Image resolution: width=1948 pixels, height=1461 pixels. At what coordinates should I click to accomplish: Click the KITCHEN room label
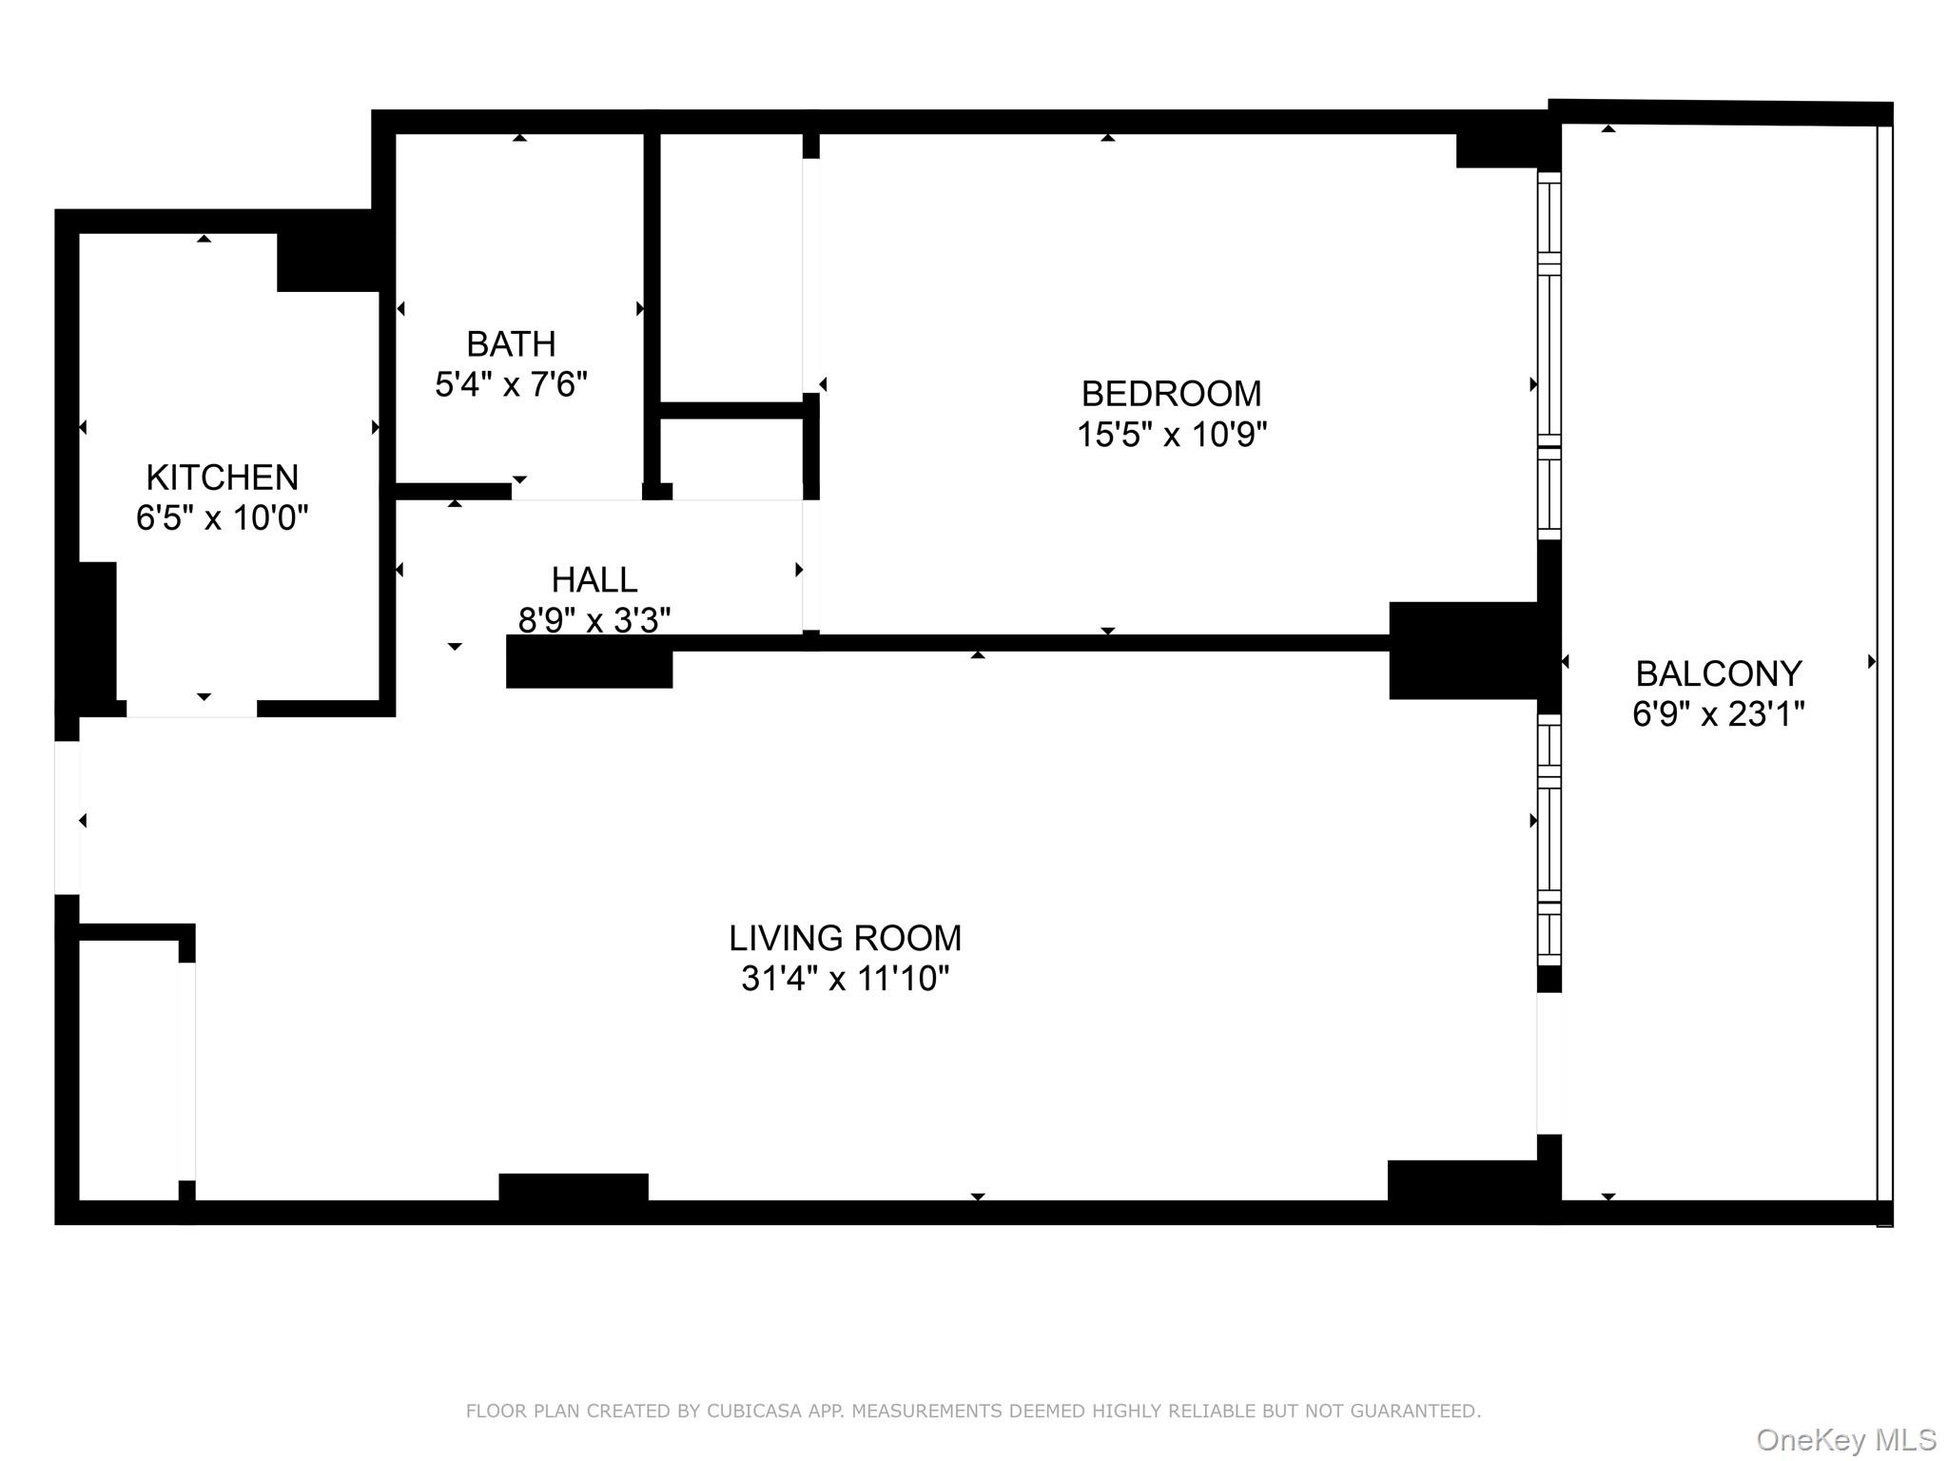(222, 477)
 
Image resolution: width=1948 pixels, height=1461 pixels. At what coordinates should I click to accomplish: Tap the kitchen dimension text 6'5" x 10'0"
(222, 518)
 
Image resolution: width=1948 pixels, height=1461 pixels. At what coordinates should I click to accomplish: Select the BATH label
(511, 343)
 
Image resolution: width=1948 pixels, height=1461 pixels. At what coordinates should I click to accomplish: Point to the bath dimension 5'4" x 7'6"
(511, 385)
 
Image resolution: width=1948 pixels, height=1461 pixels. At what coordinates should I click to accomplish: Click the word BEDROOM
(1171, 394)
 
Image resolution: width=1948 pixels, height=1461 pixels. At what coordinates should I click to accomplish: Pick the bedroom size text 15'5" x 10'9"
(1171, 436)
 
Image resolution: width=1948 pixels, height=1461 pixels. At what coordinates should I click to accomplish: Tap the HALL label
(594, 579)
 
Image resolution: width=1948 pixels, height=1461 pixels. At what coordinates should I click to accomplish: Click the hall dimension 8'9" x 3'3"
(594, 620)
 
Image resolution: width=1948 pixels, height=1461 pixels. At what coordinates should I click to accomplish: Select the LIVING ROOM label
(845, 939)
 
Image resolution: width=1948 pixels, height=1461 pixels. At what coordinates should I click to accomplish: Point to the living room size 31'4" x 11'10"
(845, 979)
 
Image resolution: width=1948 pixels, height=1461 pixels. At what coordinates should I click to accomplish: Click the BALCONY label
(1718, 674)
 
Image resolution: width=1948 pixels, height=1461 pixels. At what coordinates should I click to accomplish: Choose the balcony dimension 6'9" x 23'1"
(1718, 714)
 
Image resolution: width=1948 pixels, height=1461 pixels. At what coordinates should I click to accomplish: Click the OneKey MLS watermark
(1845, 1440)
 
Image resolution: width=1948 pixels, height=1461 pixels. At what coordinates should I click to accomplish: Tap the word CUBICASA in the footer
(751, 1412)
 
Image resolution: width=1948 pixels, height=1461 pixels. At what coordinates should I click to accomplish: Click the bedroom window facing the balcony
(1549, 357)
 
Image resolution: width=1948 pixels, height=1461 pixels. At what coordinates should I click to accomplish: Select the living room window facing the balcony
(1549, 842)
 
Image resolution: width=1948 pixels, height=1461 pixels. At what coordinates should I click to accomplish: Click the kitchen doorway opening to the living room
(191, 709)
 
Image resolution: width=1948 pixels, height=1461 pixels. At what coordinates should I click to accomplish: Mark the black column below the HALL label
(589, 662)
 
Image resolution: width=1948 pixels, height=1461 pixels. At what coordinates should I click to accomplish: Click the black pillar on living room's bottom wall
(574, 1188)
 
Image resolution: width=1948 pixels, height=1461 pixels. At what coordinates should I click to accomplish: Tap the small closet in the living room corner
(128, 1070)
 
